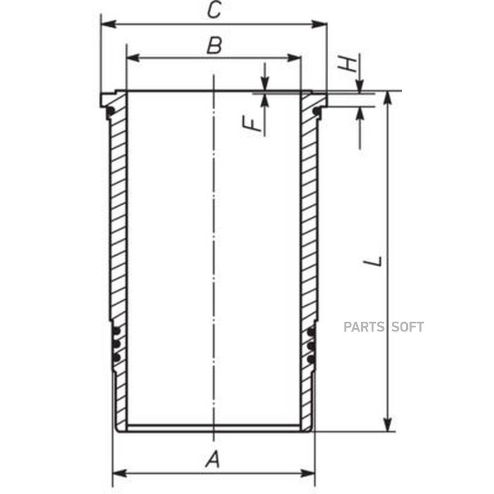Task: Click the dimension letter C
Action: click(x=214, y=9)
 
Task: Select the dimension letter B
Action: click(x=214, y=45)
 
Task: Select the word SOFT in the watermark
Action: click(x=407, y=327)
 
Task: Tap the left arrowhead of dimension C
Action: click(x=108, y=24)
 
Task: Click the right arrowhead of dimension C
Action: click(x=319, y=24)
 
